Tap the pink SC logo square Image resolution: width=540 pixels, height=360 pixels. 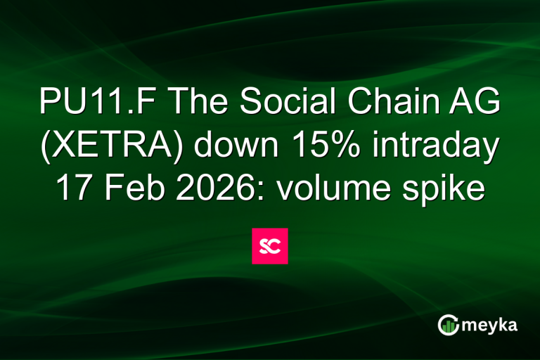(270, 246)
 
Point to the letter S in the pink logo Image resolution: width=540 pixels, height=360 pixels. (264, 246)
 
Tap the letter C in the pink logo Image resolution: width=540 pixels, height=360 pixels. (276, 246)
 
